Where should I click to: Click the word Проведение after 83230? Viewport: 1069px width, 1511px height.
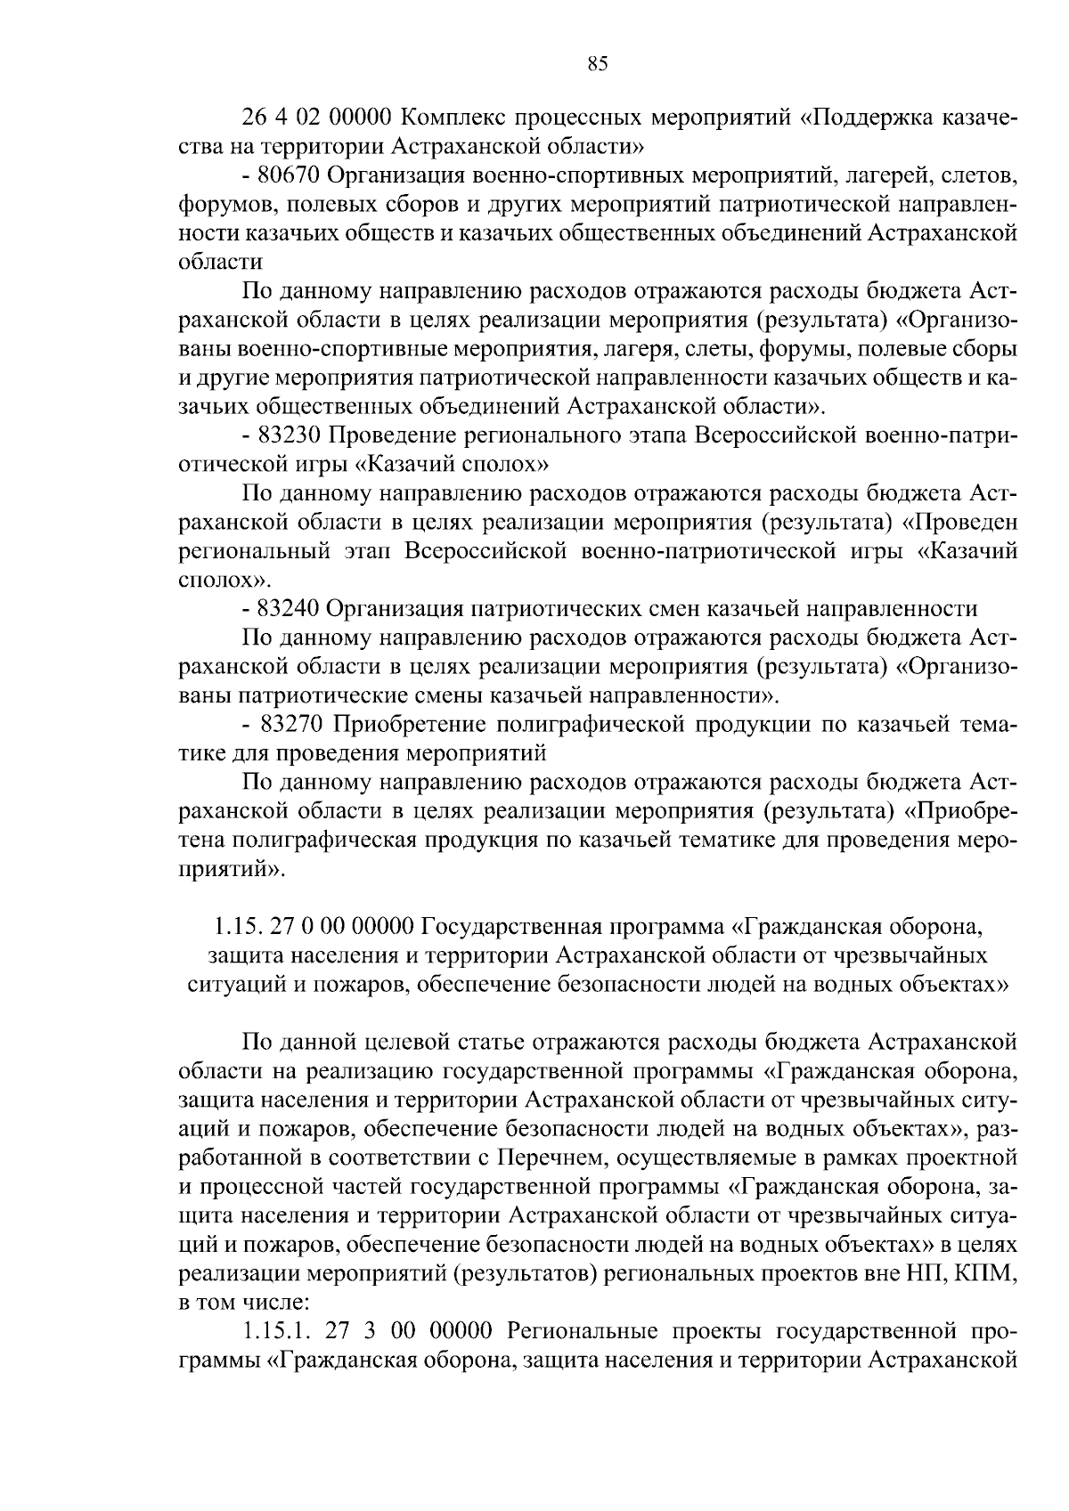tap(389, 435)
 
